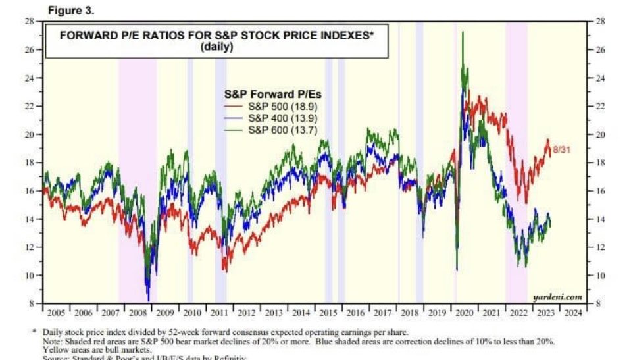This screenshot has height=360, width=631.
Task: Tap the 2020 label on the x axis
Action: click(465, 313)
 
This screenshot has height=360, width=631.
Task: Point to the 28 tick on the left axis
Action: click(30, 22)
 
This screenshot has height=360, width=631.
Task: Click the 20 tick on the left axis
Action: click(30, 134)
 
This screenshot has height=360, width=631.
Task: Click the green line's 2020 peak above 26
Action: click(463, 32)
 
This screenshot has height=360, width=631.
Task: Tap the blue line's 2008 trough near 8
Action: click(148, 300)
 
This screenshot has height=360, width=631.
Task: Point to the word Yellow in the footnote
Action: click(55, 350)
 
